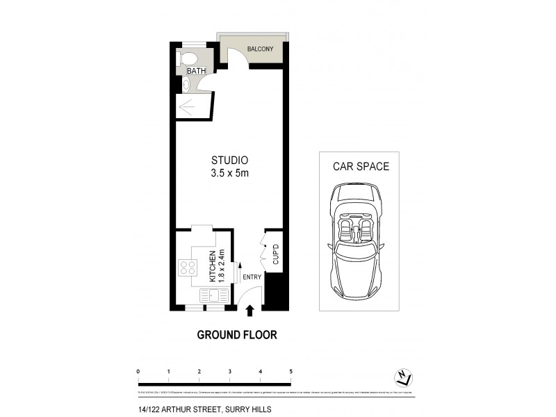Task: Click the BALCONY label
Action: tap(261, 49)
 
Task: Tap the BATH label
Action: tap(195, 71)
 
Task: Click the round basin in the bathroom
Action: tap(186, 84)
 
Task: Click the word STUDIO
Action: tap(229, 160)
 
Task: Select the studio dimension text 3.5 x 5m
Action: tap(229, 173)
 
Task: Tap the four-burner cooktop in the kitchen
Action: tap(188, 268)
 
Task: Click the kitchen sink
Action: tap(213, 296)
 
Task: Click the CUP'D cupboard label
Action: tap(275, 254)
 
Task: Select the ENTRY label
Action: tap(252, 277)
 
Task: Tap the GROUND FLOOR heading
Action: tap(237, 335)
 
